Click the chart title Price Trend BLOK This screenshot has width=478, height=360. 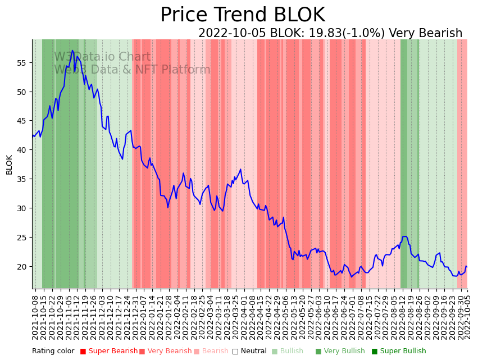pos(242,15)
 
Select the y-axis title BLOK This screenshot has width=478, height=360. pos(10,165)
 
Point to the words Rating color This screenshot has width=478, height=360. pos(53,351)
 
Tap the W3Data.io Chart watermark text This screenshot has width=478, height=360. pos(102,57)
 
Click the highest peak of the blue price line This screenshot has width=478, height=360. pos(72,51)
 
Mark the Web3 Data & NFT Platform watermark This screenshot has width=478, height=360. pos(132,70)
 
